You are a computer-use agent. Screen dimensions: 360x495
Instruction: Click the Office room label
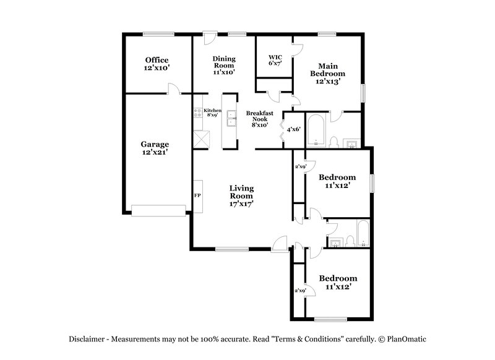[x=157, y=64]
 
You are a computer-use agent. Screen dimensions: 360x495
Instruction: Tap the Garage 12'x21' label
[x=155, y=148]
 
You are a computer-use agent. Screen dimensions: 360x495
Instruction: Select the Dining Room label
[x=223, y=65]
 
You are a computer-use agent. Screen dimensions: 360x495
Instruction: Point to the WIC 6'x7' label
[x=275, y=60]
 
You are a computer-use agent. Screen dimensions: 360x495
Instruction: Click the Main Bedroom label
[x=327, y=73]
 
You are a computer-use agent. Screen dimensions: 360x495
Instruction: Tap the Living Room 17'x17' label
[x=242, y=195]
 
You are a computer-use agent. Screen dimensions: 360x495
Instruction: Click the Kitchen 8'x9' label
[x=212, y=113]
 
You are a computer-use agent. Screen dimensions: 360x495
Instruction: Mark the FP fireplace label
[x=197, y=195]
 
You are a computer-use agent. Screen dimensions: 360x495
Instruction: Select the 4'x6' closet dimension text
[x=293, y=129]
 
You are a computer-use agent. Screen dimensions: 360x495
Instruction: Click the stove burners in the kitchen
[x=198, y=113]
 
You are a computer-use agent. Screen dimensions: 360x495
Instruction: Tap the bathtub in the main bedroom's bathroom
[x=316, y=129]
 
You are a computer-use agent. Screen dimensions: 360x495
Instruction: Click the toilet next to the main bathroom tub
[x=334, y=142]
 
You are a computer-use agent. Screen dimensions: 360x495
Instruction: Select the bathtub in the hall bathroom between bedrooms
[x=363, y=234]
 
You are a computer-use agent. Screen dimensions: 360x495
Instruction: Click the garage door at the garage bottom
[x=159, y=211]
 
